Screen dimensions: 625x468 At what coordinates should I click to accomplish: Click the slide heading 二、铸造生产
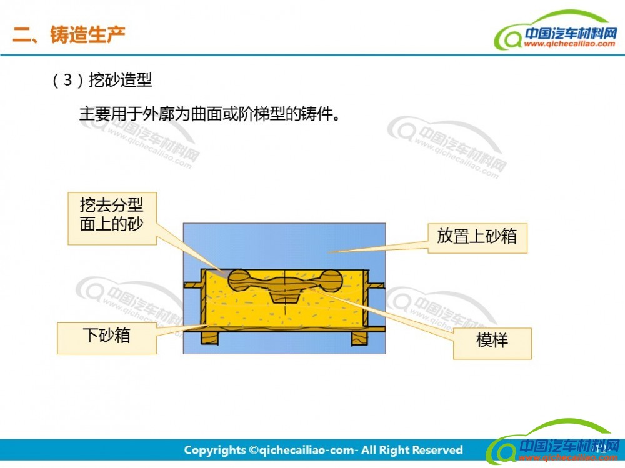pos(69,35)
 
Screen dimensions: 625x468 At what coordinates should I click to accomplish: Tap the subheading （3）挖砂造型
pos(102,80)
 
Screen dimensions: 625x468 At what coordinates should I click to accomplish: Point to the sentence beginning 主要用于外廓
pos(210,114)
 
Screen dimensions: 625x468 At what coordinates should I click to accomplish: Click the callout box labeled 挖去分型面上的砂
pos(112,219)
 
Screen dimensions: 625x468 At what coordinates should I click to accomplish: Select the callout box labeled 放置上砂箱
pos(477,238)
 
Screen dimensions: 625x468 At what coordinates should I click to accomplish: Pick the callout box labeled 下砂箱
pos(107,338)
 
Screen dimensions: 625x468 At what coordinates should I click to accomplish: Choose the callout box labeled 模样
pos(492,343)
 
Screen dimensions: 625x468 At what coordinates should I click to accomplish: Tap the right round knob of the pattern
pos(331,281)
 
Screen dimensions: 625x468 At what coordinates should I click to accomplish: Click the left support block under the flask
pos(210,338)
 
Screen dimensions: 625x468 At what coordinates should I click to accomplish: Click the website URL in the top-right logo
pos(569,44)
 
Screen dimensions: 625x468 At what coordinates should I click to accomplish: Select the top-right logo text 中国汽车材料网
pos(571,32)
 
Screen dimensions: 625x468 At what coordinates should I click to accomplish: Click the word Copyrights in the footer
pos(215,450)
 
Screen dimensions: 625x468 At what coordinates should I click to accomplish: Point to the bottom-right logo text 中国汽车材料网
pos(569,444)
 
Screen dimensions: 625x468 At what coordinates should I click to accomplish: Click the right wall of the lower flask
pos(366,299)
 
